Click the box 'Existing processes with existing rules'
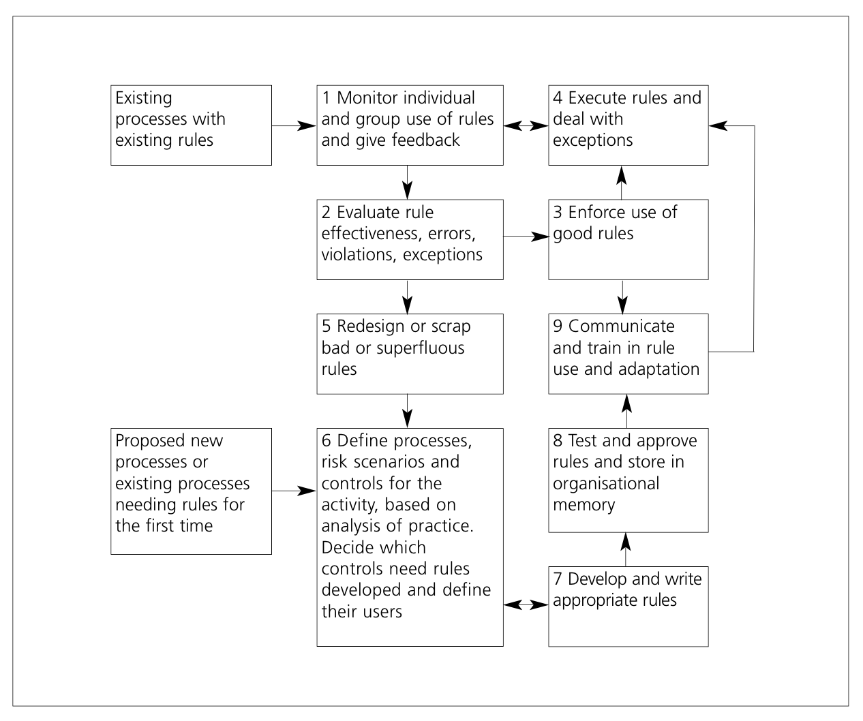click(x=191, y=125)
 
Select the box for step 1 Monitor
click(x=410, y=125)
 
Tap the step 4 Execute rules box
click(x=629, y=125)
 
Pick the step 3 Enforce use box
click(x=629, y=240)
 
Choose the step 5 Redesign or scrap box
click(x=410, y=354)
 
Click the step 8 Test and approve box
click(x=629, y=480)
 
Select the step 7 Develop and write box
click(x=629, y=606)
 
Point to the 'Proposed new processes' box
click(x=191, y=491)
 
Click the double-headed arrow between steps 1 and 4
click(x=526, y=125)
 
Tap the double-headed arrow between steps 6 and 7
click(x=526, y=605)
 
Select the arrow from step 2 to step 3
click(x=526, y=236)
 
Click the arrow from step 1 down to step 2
click(x=407, y=183)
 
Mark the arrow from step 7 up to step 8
click(x=626, y=549)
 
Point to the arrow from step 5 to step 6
click(x=407, y=411)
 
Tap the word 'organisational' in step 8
click(x=606, y=483)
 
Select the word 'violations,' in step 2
click(x=358, y=254)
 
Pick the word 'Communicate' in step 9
click(x=621, y=326)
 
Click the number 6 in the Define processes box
click(x=326, y=441)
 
